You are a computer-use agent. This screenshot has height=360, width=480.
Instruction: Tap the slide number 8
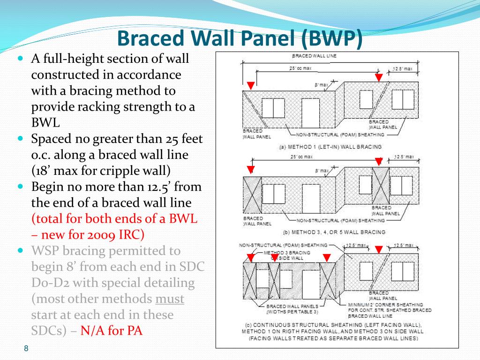(x=26, y=348)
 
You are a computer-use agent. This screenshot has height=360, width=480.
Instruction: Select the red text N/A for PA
(x=111, y=330)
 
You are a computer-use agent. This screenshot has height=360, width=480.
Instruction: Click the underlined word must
(x=169, y=299)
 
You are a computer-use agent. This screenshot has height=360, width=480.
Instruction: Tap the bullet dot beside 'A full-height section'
(x=20, y=59)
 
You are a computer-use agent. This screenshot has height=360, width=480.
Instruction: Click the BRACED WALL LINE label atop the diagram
(x=315, y=56)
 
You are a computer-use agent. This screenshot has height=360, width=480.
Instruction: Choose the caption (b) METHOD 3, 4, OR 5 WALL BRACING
(x=334, y=232)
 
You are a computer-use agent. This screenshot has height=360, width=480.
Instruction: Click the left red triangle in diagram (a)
(x=250, y=85)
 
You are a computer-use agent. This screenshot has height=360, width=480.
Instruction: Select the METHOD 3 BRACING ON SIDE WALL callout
(x=287, y=255)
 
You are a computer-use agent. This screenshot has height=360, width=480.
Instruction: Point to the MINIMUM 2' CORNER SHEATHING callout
(x=385, y=305)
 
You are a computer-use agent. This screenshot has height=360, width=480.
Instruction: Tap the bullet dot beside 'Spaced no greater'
(x=20, y=139)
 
